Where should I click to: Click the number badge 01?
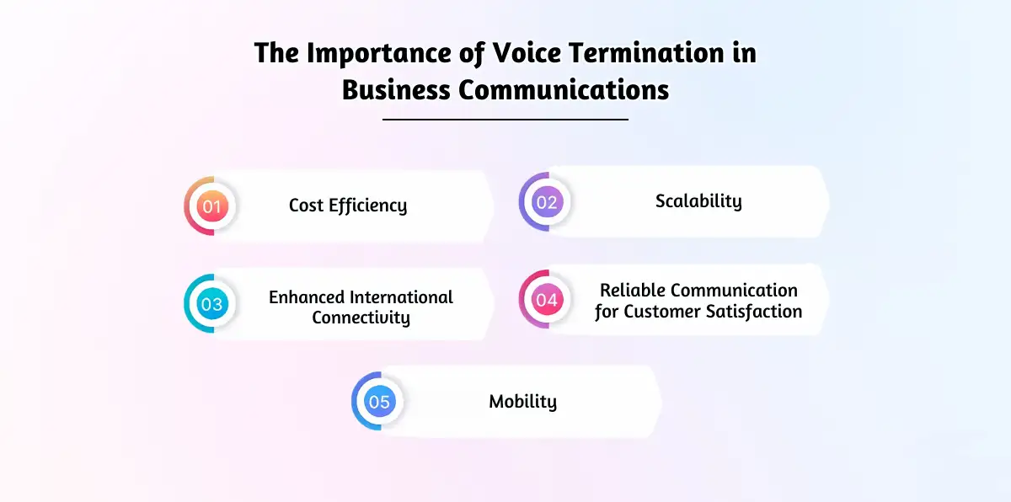tap(211, 206)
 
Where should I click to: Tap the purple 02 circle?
tap(546, 202)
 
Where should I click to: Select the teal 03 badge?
tap(211, 303)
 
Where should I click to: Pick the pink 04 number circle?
tap(546, 300)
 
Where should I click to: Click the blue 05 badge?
tap(379, 402)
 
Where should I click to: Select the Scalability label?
tap(698, 201)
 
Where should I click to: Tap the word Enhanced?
tap(307, 297)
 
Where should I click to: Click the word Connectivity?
tap(361, 318)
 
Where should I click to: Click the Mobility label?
tap(522, 402)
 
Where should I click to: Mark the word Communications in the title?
tap(564, 88)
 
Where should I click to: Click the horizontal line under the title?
tap(505, 120)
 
